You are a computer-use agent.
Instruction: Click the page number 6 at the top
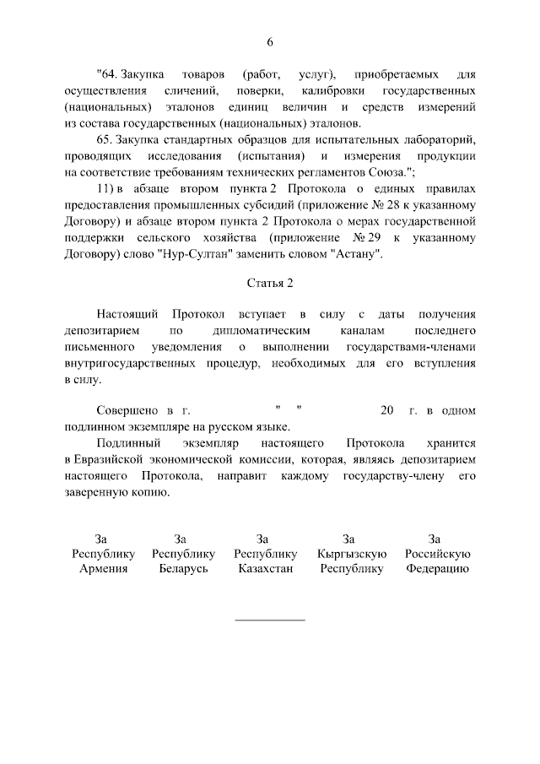[270, 42]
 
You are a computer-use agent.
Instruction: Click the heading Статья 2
[269, 282]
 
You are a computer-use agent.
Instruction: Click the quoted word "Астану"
[357, 254]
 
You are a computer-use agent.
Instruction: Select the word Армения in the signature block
[103, 569]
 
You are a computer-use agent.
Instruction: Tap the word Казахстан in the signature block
[263, 569]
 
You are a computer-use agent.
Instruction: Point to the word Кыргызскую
[352, 554]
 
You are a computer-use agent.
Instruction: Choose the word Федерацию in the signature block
[436, 569]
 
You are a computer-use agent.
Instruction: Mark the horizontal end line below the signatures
[269, 620]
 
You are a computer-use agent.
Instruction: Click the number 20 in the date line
[387, 411]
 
